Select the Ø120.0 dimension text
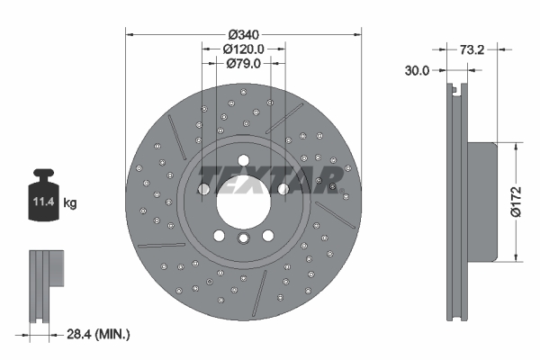243,49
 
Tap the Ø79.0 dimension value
243,64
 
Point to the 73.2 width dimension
472,50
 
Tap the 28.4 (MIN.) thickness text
99,334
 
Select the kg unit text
70,203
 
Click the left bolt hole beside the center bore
203,189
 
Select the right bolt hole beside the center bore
283,189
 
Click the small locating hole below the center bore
243,238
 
